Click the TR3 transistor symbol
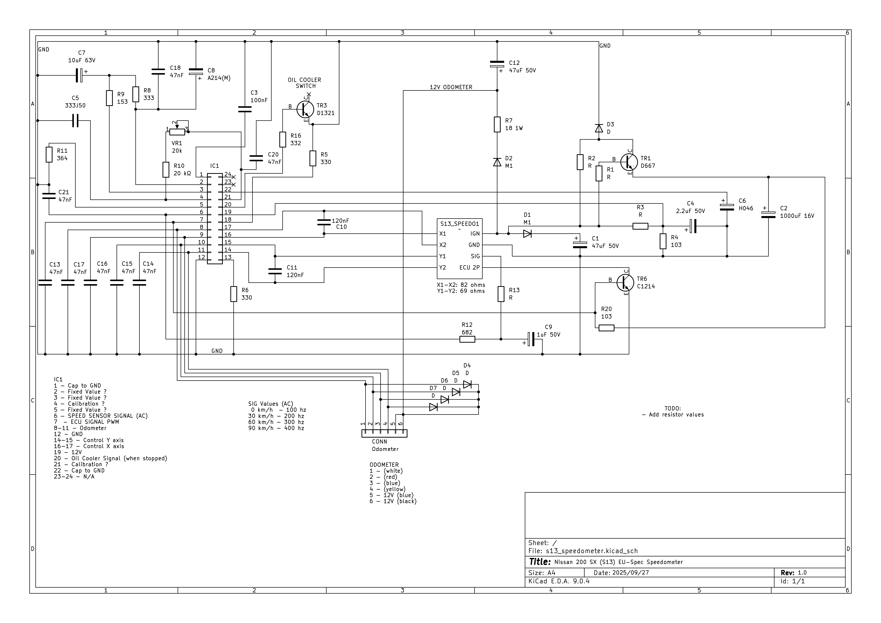(305, 110)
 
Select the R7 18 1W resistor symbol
(497, 124)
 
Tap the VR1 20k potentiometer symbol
(177, 132)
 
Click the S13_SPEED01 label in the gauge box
(460, 224)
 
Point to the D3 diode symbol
(599, 128)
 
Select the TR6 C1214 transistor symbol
(625, 283)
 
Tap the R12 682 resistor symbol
(467, 339)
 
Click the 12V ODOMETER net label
(451, 87)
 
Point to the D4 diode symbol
(467, 384)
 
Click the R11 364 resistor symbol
(49, 154)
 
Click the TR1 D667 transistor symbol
(629, 162)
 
